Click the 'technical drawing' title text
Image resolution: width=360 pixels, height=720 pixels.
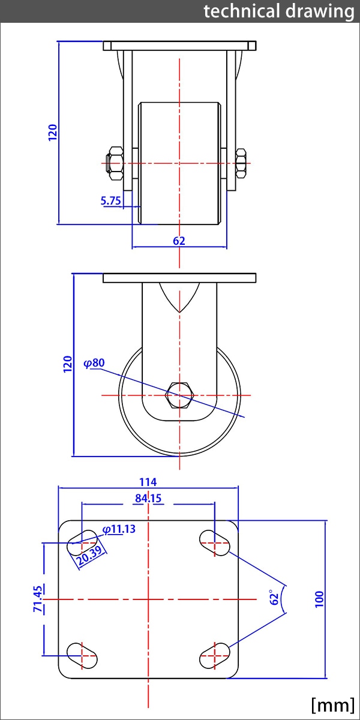point(278,11)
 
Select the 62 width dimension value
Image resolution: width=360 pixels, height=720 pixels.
point(179,241)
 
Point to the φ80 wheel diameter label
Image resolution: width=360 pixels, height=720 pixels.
point(94,362)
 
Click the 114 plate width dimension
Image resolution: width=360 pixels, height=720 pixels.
point(148,482)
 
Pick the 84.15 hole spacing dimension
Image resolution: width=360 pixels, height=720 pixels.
point(148,498)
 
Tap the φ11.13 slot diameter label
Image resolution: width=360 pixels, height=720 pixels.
point(119,529)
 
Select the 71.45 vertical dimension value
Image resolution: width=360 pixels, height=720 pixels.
point(38,599)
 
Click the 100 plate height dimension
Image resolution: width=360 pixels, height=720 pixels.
point(319,599)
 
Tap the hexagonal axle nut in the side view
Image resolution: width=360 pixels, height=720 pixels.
point(179,395)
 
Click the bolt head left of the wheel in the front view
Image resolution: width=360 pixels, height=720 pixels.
point(113,163)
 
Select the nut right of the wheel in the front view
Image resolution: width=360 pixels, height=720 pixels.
point(241,163)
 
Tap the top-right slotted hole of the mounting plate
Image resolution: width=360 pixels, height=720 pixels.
point(214,542)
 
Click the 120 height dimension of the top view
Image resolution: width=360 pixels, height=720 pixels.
point(53,132)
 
